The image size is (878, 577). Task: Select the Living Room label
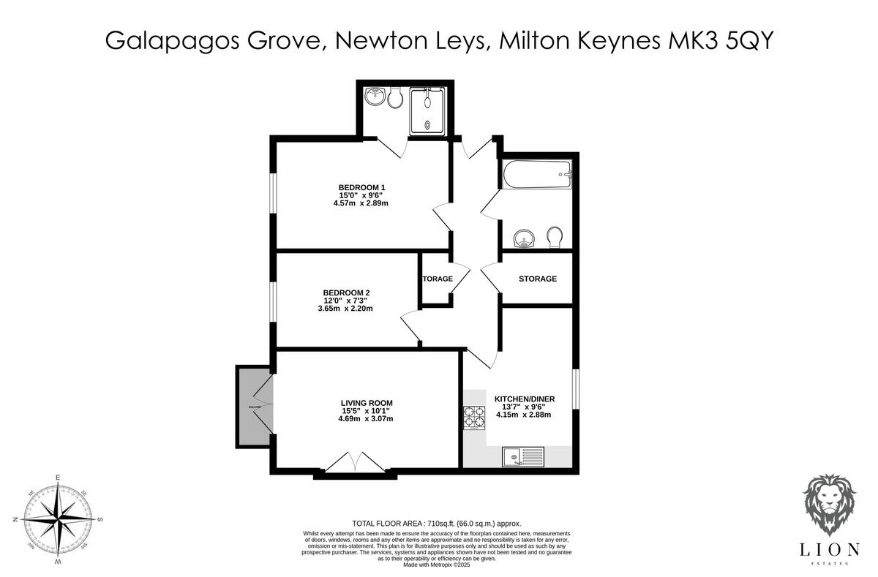[366, 403]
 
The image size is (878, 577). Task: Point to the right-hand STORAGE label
[538, 279]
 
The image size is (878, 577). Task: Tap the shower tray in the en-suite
[427, 112]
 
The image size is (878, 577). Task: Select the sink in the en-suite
[376, 97]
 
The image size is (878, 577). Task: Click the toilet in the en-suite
[396, 99]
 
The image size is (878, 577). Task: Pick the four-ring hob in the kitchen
[473, 417]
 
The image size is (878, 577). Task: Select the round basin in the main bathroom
[524, 238]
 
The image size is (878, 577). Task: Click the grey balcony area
[252, 407]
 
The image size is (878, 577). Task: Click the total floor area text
[436, 524]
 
